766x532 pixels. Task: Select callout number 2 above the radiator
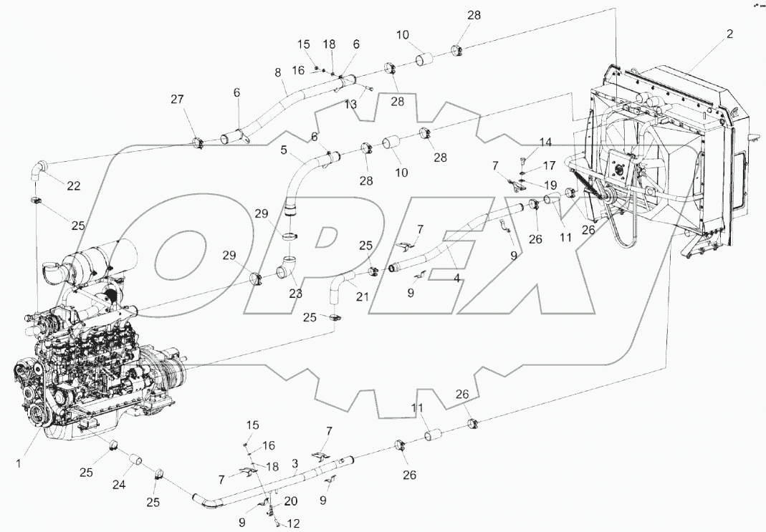(x=729, y=34)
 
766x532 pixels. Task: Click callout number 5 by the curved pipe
(x=284, y=151)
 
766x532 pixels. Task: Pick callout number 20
(x=292, y=500)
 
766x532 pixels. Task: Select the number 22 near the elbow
(x=73, y=186)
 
